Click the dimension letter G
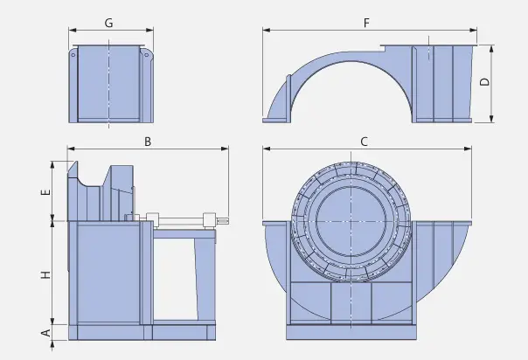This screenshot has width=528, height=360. coord(108,23)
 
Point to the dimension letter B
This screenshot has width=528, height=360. coord(148,141)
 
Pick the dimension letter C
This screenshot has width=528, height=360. coord(364,141)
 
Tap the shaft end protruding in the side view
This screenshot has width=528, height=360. coord(224,219)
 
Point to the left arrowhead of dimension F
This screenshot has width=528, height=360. coord(265,31)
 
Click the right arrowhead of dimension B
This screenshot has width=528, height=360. coord(226,149)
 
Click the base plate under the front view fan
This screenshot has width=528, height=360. coord(353,333)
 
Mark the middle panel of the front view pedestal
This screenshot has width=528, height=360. coord(352,305)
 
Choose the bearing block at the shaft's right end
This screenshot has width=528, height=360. coord(209,219)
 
